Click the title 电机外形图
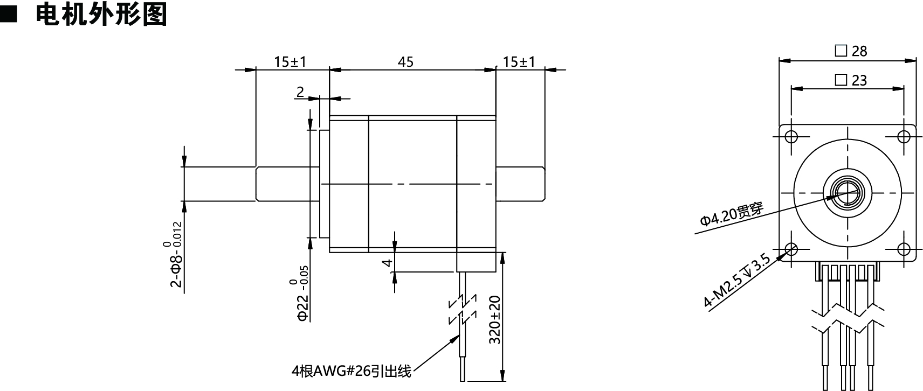(x=101, y=15)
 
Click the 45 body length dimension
(x=405, y=62)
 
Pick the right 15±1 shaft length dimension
(x=519, y=62)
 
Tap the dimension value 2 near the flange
(x=300, y=92)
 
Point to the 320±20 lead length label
(x=495, y=319)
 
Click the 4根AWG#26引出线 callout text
(x=351, y=371)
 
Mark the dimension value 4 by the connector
(x=386, y=263)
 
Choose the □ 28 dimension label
(x=851, y=51)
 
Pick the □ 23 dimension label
(x=851, y=80)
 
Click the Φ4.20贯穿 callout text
(x=732, y=214)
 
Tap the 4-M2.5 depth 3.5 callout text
(x=737, y=281)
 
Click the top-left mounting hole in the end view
(x=791, y=136)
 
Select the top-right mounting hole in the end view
(x=904, y=136)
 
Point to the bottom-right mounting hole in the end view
(x=904, y=249)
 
